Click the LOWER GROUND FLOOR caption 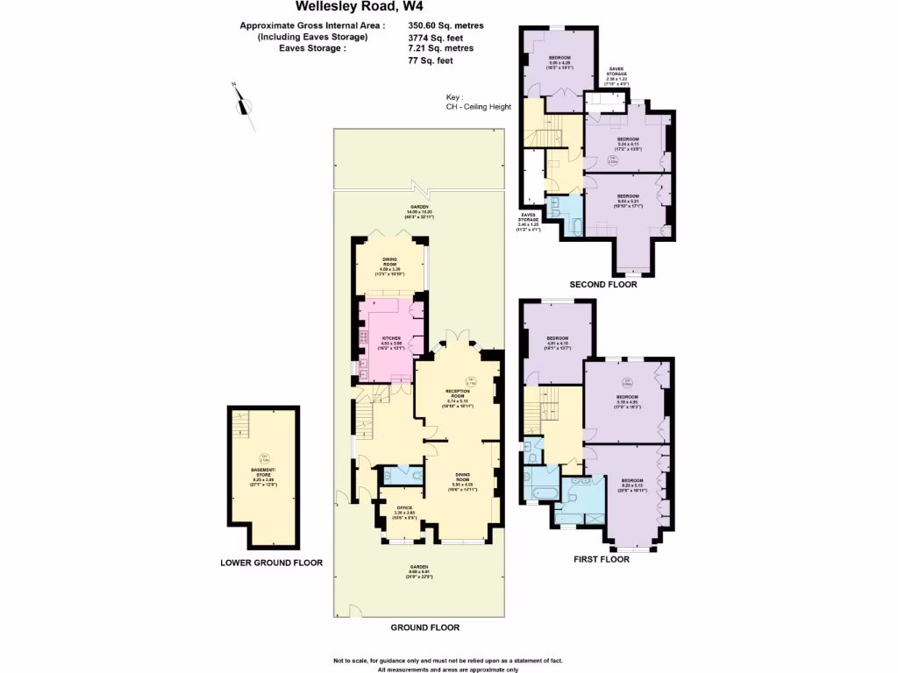[272, 563]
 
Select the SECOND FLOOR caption [603, 285]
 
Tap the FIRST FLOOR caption [602, 558]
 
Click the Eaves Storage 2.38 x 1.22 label [616, 75]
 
